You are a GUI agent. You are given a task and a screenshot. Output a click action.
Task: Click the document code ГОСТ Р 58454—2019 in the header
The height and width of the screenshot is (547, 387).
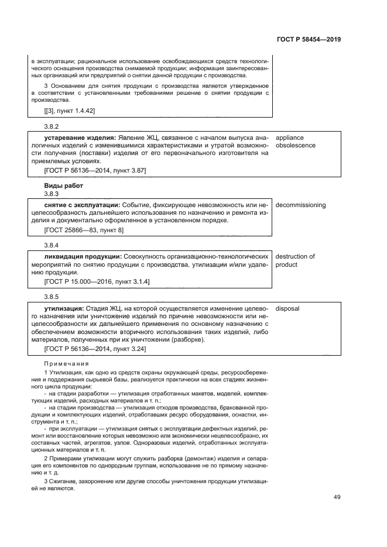(308, 40)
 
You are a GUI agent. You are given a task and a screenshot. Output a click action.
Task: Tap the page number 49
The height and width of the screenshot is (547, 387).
(337, 497)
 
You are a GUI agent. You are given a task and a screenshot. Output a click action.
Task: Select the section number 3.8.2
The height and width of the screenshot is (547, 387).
(52, 126)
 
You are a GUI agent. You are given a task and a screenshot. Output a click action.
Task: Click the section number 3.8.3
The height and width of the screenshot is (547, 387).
(52, 194)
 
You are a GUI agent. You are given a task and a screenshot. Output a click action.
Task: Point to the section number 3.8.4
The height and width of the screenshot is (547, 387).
(52, 245)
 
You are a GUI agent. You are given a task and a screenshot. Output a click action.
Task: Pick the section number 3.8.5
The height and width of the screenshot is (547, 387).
(52, 297)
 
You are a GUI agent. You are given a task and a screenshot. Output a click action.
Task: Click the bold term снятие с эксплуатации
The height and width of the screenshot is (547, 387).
(81, 205)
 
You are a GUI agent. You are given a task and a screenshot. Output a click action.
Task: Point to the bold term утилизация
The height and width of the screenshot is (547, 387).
(64, 308)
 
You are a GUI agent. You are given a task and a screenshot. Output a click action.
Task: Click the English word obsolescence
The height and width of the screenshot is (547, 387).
(296, 145)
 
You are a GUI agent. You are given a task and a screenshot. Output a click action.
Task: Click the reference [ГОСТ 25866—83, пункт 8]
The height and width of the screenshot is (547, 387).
(84, 231)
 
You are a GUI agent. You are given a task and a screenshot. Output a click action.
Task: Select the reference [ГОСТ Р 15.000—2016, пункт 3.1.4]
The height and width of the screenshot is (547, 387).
(97, 282)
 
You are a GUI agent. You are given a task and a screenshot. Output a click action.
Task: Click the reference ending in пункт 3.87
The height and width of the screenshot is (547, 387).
(95, 170)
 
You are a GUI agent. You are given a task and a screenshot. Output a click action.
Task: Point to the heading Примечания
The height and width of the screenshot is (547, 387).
(66, 363)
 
